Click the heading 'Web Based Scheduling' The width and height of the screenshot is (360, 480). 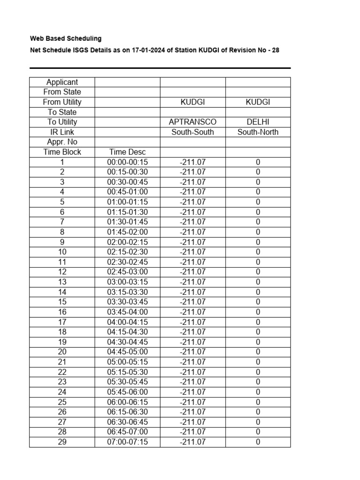[66, 38]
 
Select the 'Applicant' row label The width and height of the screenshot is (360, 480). [62, 82]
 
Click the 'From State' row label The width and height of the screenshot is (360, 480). [62, 92]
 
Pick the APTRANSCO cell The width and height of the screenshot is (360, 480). [193, 122]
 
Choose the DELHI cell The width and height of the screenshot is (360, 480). [258, 122]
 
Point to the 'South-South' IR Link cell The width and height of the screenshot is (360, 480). [193, 132]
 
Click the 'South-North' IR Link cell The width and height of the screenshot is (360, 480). [258, 132]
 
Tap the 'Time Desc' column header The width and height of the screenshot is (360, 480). [127, 152]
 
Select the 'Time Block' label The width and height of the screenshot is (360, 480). [62, 152]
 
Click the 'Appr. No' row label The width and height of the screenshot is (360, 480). [62, 142]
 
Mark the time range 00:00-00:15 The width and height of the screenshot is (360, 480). [127, 162]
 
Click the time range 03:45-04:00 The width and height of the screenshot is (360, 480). [127, 312]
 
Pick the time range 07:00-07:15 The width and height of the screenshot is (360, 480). [127, 442]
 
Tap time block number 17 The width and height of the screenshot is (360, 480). [62, 322]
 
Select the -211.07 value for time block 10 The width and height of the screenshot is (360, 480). [193, 252]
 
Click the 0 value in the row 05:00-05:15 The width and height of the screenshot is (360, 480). [258, 362]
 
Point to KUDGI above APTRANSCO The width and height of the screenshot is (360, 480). [193, 102]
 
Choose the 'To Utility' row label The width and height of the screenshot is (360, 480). [62, 122]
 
